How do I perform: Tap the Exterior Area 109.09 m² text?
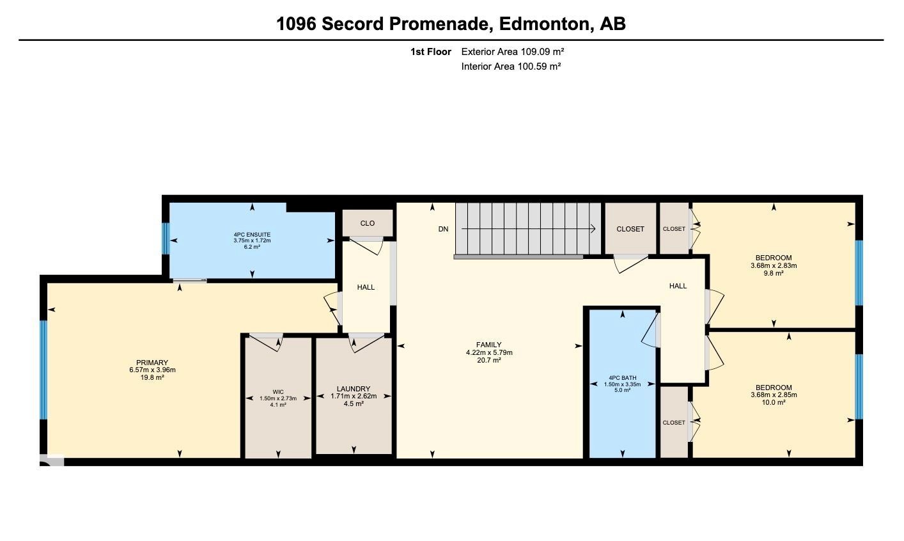[513, 52]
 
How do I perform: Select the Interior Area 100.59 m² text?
[511, 67]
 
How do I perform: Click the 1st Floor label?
[431, 52]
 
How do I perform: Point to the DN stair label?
[443, 229]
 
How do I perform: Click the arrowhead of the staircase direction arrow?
[593, 229]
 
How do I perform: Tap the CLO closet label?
[367, 223]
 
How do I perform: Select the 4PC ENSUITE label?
[252, 235]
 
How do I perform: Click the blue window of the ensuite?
[166, 239]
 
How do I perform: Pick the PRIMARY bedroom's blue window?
[43, 370]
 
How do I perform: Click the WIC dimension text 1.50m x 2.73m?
[278, 398]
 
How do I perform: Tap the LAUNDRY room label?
[354, 389]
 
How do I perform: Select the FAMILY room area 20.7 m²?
[489, 360]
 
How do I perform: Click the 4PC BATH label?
[623, 378]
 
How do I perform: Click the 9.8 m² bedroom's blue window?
[859, 273]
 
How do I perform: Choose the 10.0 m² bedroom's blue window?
[859, 387]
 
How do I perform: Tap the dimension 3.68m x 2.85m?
[774, 395]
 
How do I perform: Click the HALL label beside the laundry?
[366, 287]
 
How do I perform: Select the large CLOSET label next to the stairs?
[630, 229]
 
